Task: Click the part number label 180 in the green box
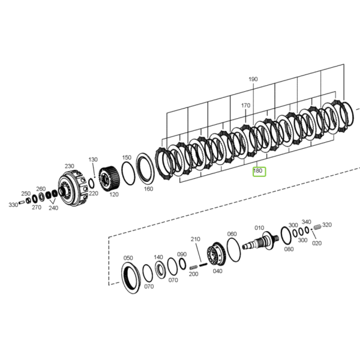(257, 171)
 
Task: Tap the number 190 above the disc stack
(253, 79)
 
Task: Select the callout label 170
(245, 106)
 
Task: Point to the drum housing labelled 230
(73, 188)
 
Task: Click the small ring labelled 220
(91, 184)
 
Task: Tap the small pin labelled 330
(22, 202)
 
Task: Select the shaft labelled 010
(260, 241)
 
